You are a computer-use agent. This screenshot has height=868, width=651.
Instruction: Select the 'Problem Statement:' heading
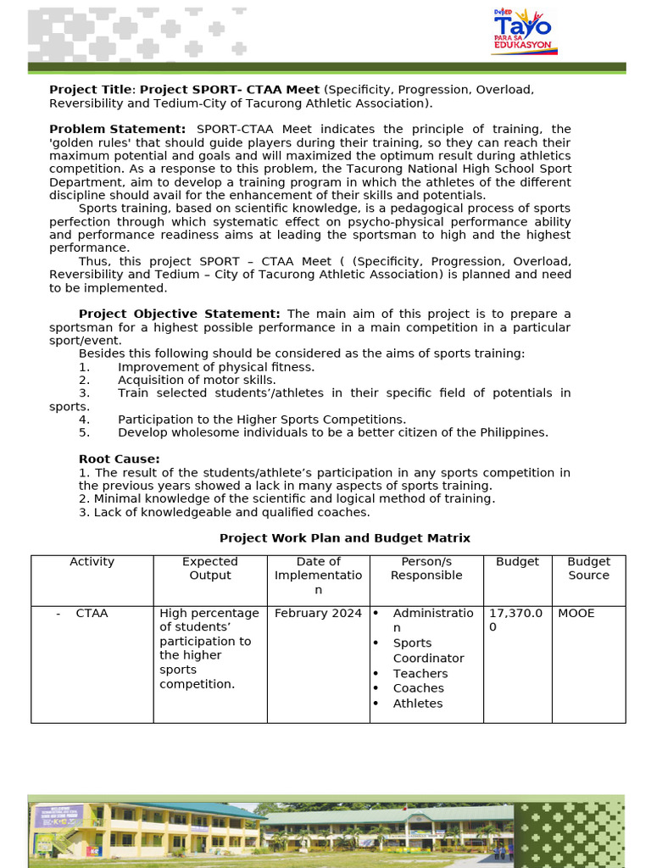pyautogui.click(x=117, y=129)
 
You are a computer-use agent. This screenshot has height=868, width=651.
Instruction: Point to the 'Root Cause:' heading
pyautogui.click(x=119, y=459)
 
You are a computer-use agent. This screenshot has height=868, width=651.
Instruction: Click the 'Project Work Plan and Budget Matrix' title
pyautogui.click(x=344, y=538)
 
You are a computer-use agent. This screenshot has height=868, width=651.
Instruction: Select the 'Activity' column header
pyautogui.click(x=92, y=562)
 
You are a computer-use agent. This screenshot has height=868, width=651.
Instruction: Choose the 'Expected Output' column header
pyautogui.click(x=210, y=569)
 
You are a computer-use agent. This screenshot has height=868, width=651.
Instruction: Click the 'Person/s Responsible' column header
pyautogui.click(x=426, y=569)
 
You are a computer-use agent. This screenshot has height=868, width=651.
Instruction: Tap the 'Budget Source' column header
pyautogui.click(x=588, y=569)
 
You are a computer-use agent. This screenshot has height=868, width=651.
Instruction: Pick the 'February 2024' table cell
pyautogui.click(x=318, y=613)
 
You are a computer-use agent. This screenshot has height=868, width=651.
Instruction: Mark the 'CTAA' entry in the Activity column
pyautogui.click(x=92, y=613)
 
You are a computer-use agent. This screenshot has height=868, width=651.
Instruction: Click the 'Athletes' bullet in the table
pyautogui.click(x=417, y=704)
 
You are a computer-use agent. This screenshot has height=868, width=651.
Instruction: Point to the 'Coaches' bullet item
pyautogui.click(x=418, y=688)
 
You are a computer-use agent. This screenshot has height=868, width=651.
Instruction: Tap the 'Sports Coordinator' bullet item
pyautogui.click(x=428, y=650)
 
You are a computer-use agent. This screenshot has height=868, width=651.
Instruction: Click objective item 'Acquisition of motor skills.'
pyautogui.click(x=197, y=381)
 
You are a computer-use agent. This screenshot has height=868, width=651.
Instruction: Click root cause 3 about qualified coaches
pyautogui.click(x=224, y=512)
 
